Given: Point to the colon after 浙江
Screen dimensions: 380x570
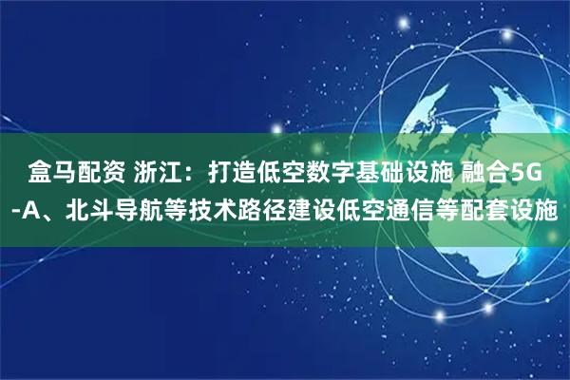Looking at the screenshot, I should pyautogui.click(x=195, y=175).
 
